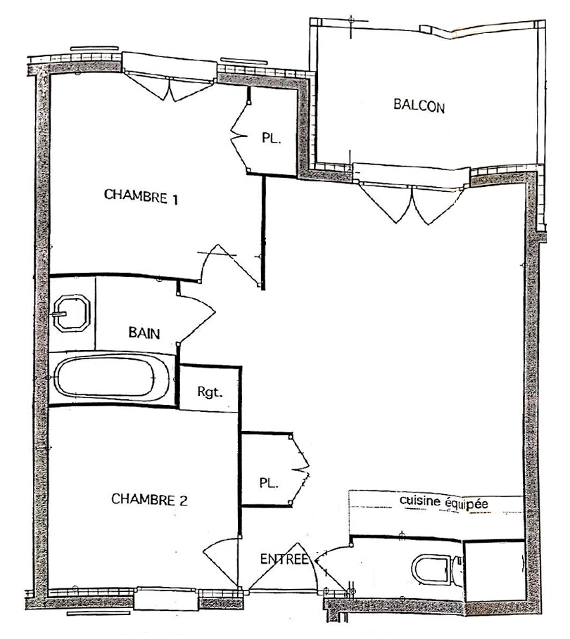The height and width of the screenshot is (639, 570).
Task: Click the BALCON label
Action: coord(419,105)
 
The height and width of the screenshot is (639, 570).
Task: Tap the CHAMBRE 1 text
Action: coord(141,196)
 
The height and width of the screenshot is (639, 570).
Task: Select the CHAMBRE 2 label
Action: coord(149,499)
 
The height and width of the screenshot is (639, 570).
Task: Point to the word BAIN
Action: coord(144,333)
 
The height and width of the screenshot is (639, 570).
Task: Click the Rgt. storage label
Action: coord(210,392)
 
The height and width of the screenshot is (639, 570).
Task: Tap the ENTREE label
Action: coord(284,559)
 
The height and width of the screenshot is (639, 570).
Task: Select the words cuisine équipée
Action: coord(443,502)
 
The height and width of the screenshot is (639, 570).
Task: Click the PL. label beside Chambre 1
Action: coord(272,138)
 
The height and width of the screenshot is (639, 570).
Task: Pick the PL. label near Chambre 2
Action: coord(269,484)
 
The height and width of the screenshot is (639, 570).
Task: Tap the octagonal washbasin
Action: coord(72,314)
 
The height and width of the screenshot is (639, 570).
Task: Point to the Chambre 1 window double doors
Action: coord(168,86)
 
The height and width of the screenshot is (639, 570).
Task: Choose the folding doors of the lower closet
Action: coord(300,470)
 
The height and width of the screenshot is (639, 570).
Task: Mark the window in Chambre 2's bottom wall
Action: coord(167,599)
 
